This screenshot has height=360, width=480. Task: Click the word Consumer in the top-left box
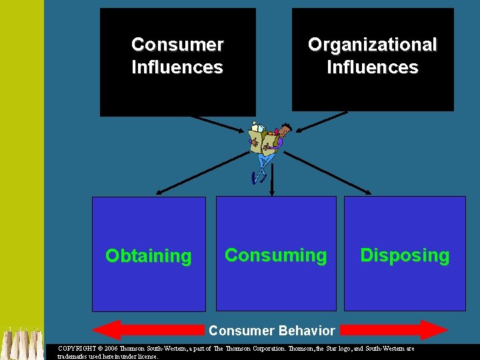coord(177,45)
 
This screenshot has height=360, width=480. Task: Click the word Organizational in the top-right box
coord(372,45)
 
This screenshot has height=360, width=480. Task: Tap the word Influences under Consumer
coord(177,67)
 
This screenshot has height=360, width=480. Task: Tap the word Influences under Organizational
coord(372,67)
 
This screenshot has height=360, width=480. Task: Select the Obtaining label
coord(149,256)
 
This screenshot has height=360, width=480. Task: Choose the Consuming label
coord(276,255)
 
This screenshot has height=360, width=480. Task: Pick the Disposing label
coord(405,255)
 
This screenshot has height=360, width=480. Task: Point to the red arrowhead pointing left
coord(107,330)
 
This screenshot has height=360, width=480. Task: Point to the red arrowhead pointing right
coord(434,330)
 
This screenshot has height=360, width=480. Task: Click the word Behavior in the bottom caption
coord(308,331)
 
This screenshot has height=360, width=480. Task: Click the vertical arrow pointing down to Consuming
coord(271,180)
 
